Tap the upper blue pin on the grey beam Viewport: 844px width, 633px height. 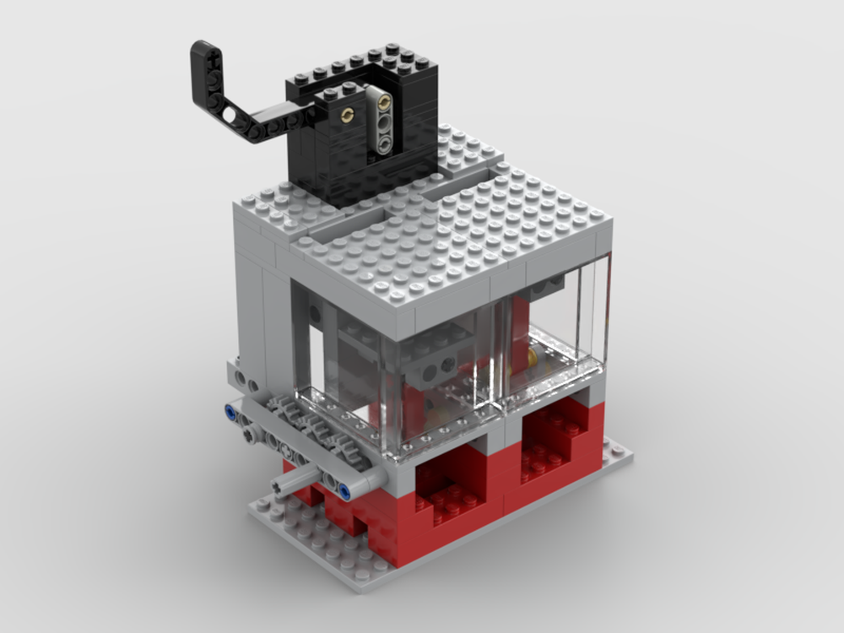click(230, 414)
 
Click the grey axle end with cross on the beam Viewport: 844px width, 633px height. click(250, 434)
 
